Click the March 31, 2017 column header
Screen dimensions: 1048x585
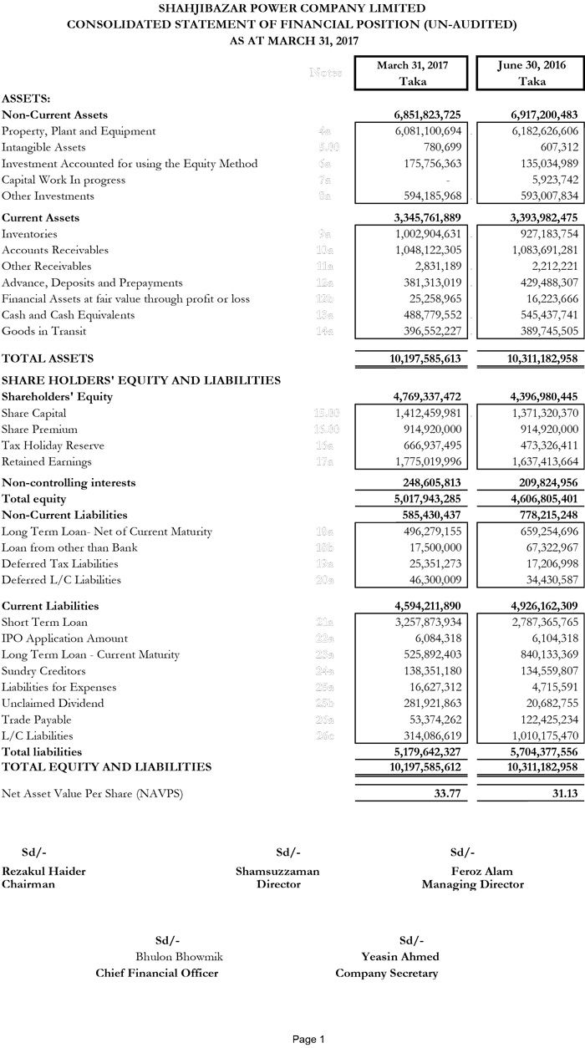pyautogui.click(x=412, y=65)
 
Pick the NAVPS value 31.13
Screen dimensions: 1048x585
pyautogui.click(x=564, y=794)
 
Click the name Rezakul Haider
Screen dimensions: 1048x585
pyautogui.click(x=43, y=871)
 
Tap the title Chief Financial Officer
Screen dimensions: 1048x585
pyautogui.click(x=157, y=973)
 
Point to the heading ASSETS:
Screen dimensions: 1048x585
pyautogui.click(x=26, y=98)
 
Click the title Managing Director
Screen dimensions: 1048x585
pyautogui.click(x=472, y=884)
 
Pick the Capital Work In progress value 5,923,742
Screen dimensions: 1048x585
pyautogui.click(x=547, y=180)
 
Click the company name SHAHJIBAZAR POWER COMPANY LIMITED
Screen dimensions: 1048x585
pyautogui.click(x=291, y=8)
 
